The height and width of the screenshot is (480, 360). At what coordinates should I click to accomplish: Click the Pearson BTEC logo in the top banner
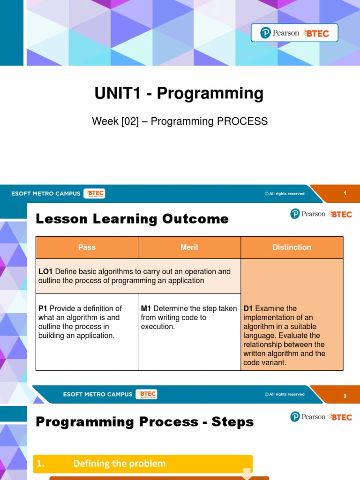tap(294, 33)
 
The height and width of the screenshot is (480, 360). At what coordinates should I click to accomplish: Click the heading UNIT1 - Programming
tap(179, 94)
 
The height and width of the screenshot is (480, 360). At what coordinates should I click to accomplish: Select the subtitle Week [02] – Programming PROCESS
tap(180, 121)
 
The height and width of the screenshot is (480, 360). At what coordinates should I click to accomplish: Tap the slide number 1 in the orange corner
tap(345, 193)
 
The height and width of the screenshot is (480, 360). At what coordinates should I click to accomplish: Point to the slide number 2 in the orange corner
tap(345, 396)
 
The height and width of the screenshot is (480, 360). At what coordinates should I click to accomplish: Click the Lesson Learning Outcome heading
tap(132, 219)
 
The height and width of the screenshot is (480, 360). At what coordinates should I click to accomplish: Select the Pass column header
tap(87, 247)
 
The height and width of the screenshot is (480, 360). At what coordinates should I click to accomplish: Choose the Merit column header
tap(189, 247)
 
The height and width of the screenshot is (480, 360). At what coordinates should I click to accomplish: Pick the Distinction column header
tap(292, 247)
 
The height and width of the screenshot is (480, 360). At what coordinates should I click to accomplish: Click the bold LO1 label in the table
tap(45, 272)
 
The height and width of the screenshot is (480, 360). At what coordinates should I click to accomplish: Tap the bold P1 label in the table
tap(43, 308)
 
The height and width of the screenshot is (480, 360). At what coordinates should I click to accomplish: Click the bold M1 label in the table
tap(146, 308)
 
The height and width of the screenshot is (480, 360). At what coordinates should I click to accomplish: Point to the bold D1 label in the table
tap(248, 308)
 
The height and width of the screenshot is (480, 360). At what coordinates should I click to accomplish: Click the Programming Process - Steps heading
tap(144, 422)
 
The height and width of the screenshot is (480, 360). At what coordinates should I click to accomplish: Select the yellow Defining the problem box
tap(143, 464)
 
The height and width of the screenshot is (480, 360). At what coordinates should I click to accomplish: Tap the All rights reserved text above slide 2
tap(285, 395)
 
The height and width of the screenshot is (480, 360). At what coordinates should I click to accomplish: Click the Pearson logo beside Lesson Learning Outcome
tap(307, 214)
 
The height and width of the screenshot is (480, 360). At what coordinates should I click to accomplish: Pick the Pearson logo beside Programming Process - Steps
tap(307, 417)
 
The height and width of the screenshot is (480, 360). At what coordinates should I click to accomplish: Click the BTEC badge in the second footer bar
tap(147, 394)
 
